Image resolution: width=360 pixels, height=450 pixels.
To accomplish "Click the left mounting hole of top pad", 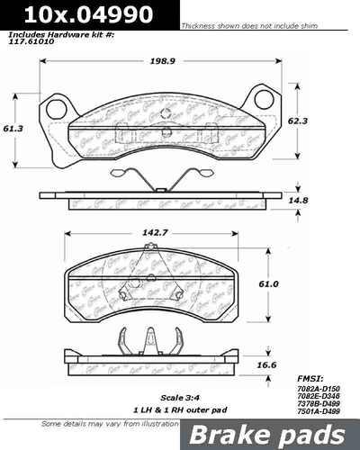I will pyautogui.click(x=56, y=109).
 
